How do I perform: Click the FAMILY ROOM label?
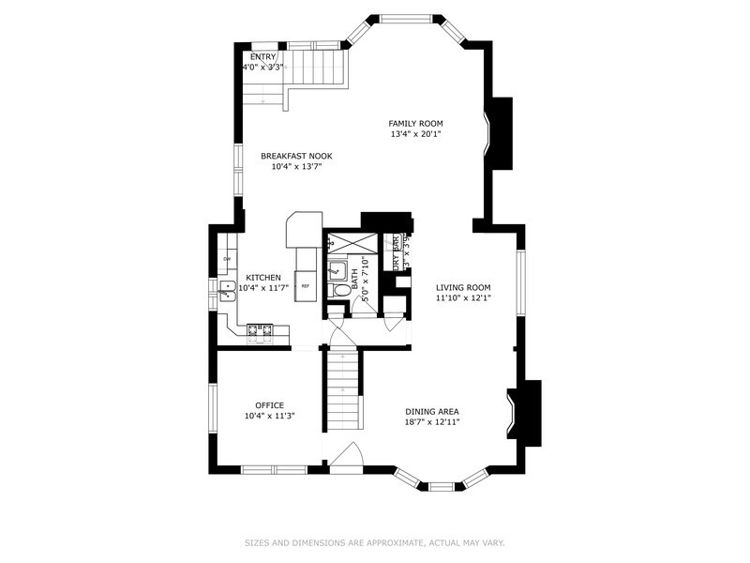(416, 123)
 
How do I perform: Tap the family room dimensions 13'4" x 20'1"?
(416, 134)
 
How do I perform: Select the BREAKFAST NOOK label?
(296, 156)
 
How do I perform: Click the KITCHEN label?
(263, 278)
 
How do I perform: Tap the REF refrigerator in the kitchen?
(306, 285)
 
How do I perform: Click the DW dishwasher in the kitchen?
(227, 259)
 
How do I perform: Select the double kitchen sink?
(226, 293)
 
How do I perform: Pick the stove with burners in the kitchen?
(260, 329)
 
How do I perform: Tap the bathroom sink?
(337, 270)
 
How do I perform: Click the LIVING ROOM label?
(463, 287)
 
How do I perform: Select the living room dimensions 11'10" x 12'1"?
(463, 298)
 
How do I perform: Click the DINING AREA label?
(432, 411)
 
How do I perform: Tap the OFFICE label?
(269, 405)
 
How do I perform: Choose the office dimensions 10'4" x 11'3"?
(269, 416)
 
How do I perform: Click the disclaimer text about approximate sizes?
(375, 542)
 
